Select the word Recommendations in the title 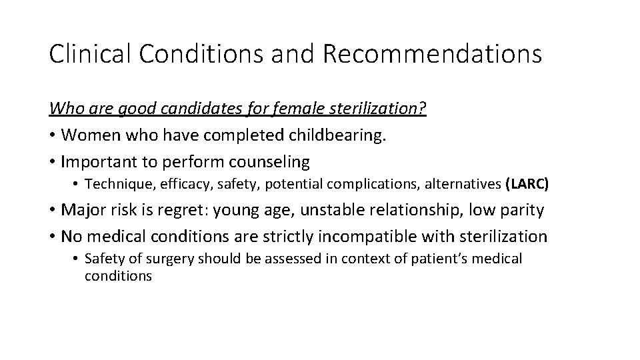tap(433, 53)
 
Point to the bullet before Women tap(53, 135)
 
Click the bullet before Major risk tap(53, 211)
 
